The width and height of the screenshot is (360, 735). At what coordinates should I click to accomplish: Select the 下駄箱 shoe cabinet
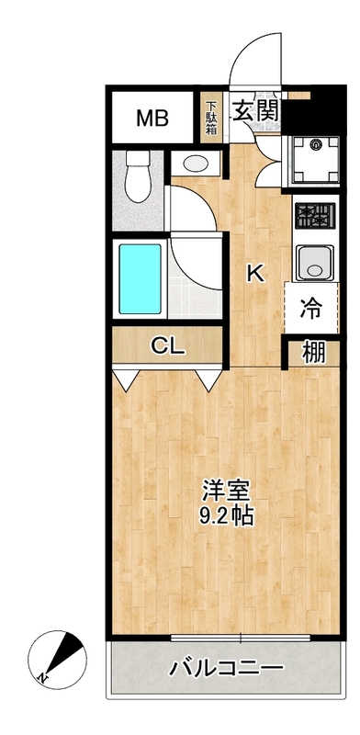pyautogui.click(x=211, y=118)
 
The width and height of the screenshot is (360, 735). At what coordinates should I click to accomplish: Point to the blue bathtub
pyautogui.click(x=139, y=277)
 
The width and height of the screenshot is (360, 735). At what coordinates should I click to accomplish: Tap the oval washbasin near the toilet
pyautogui.click(x=196, y=164)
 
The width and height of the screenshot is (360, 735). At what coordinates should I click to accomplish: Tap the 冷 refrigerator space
pyautogui.click(x=312, y=309)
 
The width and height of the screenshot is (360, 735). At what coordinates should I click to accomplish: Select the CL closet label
pyautogui.click(x=168, y=346)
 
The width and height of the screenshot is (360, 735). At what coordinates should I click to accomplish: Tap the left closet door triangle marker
pyautogui.click(x=126, y=378)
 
